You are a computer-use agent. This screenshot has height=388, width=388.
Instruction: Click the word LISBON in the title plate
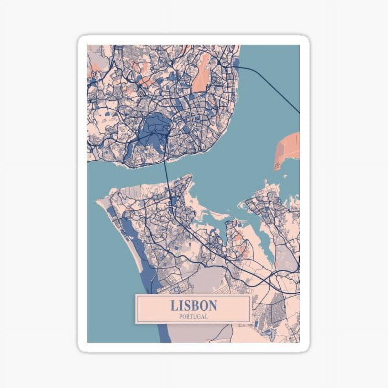tap(193, 306)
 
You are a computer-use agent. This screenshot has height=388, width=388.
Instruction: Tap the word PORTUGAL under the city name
tap(193, 317)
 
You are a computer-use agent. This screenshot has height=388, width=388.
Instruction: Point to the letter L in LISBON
tap(174, 306)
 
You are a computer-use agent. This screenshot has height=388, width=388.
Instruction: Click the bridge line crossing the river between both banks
tap(167, 175)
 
